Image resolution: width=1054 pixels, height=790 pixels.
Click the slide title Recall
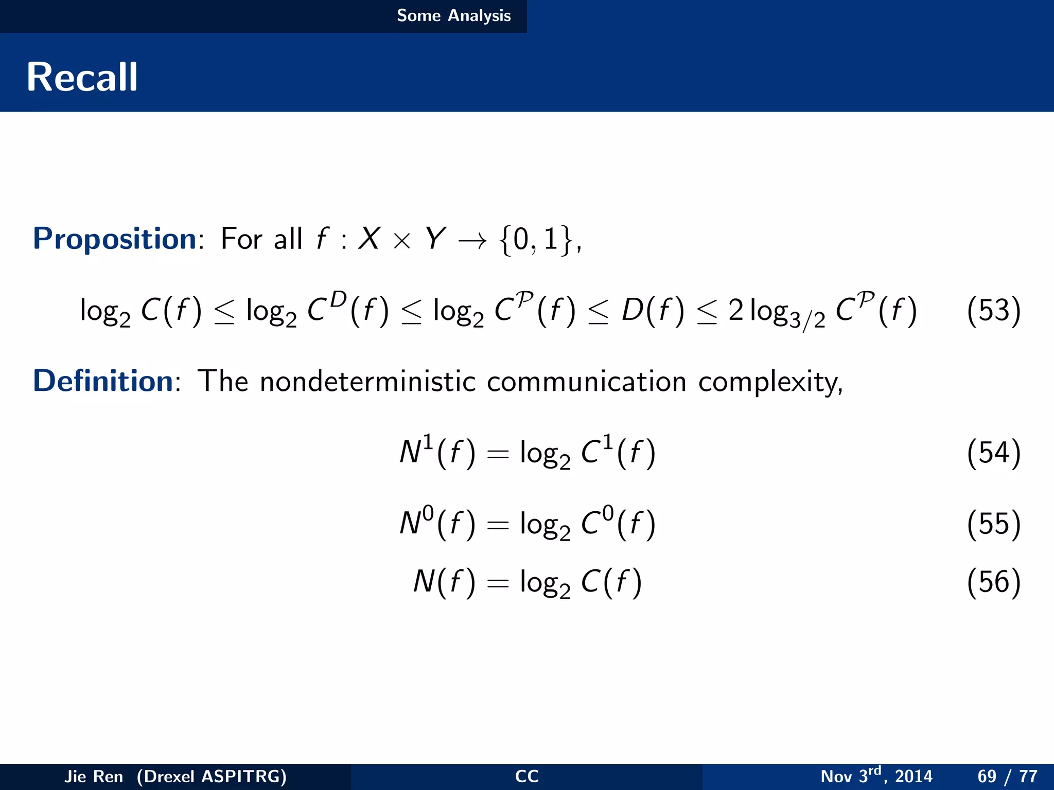[x=82, y=77]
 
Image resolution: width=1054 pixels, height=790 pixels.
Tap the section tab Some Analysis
[x=453, y=15]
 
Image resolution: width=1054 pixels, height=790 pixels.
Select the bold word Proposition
[x=114, y=239]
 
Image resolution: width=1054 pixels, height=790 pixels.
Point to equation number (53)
[x=993, y=311]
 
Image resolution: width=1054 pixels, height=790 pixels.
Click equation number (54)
[x=993, y=453]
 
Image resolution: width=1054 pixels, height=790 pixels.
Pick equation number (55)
[x=993, y=524]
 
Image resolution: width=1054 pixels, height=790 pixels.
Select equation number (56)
[x=993, y=582]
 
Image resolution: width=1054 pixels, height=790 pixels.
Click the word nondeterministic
[x=367, y=381]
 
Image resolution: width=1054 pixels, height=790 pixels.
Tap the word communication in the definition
[x=586, y=381]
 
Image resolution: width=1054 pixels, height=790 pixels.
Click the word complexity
[x=770, y=382]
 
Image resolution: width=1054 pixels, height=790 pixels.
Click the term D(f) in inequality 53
[x=653, y=311]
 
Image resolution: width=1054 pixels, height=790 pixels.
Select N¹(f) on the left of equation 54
[x=437, y=452]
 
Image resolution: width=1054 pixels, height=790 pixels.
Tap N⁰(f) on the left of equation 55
[x=437, y=523]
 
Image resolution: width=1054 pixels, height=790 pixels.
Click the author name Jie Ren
[x=94, y=776]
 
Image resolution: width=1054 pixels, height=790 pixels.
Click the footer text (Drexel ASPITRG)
[x=212, y=776]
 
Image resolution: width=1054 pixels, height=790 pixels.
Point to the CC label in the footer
[x=526, y=776]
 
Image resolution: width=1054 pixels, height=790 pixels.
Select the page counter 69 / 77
[x=1007, y=776]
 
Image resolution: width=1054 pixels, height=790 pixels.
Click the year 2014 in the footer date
[x=914, y=776]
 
